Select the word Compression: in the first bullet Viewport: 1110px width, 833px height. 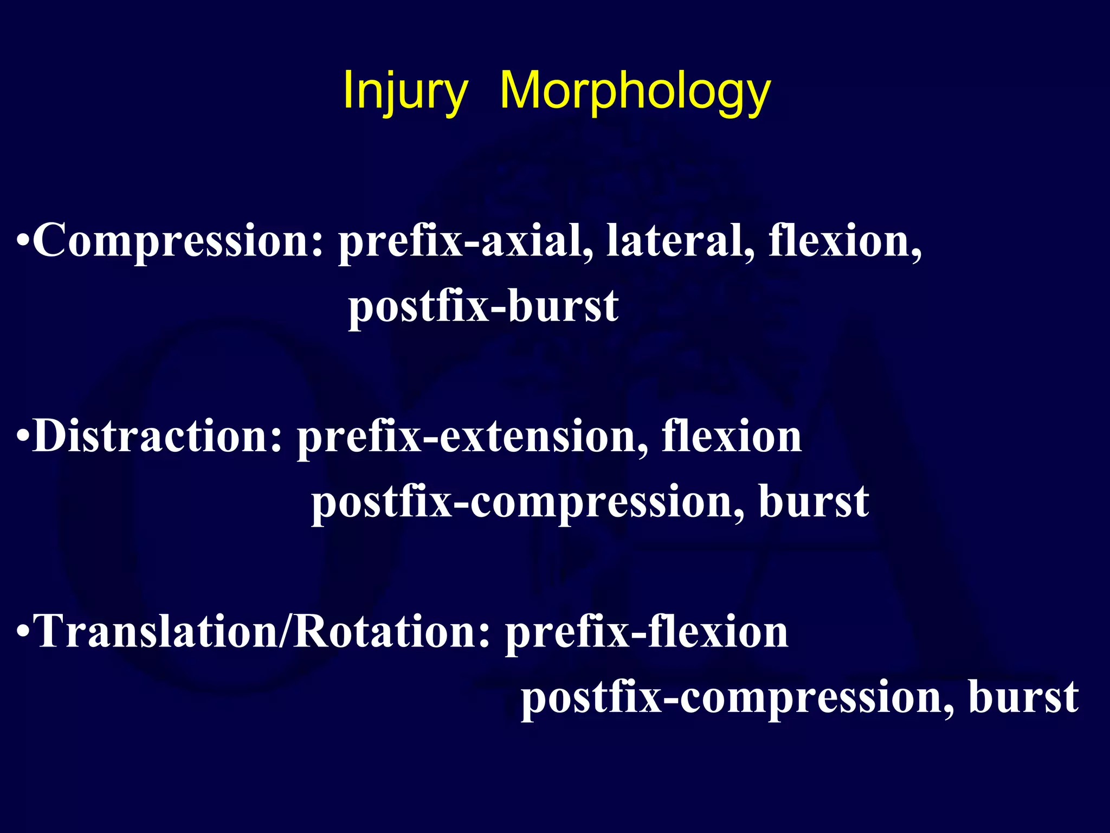179,241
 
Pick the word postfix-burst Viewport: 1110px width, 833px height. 483,307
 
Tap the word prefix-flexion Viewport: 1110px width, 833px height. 647,632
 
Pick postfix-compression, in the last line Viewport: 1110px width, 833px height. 738,698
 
